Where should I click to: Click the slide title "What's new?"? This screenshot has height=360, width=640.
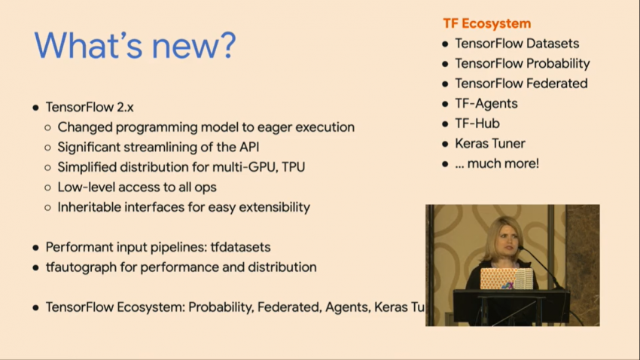[x=135, y=46]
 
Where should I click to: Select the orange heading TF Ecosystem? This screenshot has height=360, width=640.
[x=486, y=23]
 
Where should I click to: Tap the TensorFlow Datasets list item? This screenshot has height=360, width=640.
[x=517, y=44]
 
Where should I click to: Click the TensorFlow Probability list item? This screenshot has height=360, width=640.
[x=522, y=63]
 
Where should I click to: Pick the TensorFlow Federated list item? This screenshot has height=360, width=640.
[x=521, y=84]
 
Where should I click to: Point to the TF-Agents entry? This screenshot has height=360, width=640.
[x=486, y=103]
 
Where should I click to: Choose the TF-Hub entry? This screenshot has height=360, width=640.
[x=477, y=124]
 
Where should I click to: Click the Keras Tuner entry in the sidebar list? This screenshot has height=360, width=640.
[x=489, y=143]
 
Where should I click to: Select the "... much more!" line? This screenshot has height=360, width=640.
[x=497, y=163]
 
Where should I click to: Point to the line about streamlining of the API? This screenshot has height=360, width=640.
[x=158, y=147]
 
